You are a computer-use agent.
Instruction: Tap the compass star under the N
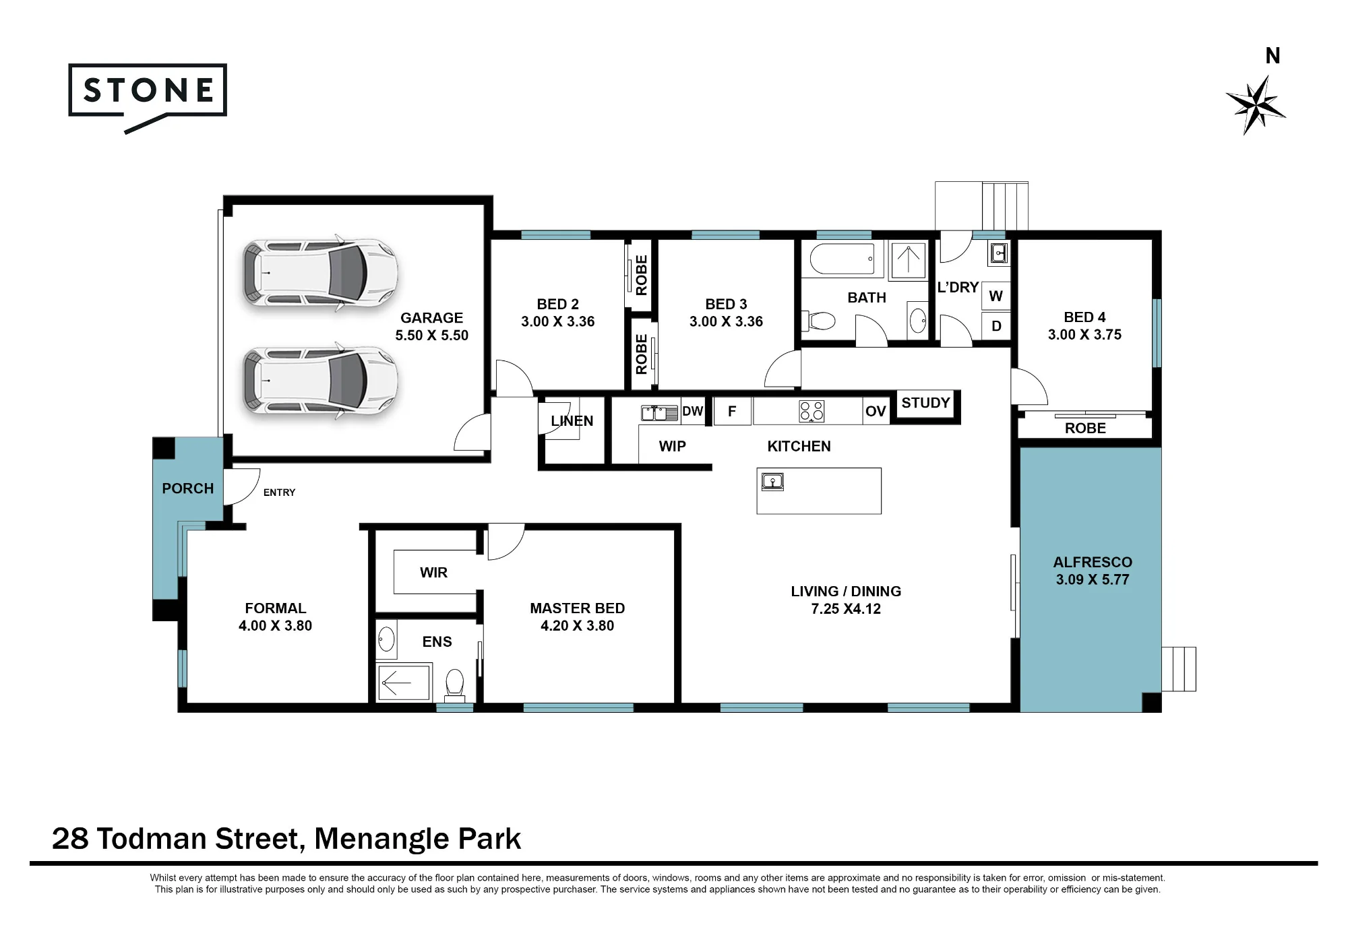[x=1255, y=105]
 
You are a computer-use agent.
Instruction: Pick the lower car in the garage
[x=320, y=381]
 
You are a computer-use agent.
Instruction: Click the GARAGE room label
[x=431, y=318]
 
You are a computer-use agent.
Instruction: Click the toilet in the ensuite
[x=455, y=682]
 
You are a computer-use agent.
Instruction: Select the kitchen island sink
[x=772, y=482]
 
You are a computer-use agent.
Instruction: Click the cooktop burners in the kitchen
[x=811, y=411]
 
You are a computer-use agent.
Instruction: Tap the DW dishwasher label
[x=692, y=411]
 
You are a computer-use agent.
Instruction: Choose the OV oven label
[x=876, y=411]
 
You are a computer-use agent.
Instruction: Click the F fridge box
[x=732, y=411]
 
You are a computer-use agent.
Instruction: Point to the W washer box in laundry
[x=996, y=296]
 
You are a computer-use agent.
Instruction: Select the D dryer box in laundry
[x=996, y=326]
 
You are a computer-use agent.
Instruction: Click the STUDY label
[x=925, y=403]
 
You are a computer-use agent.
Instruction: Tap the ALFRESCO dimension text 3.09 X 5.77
[x=1093, y=579]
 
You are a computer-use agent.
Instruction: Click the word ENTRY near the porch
[x=279, y=493]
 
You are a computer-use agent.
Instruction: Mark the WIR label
[x=433, y=573]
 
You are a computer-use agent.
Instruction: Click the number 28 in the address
[x=70, y=839]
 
